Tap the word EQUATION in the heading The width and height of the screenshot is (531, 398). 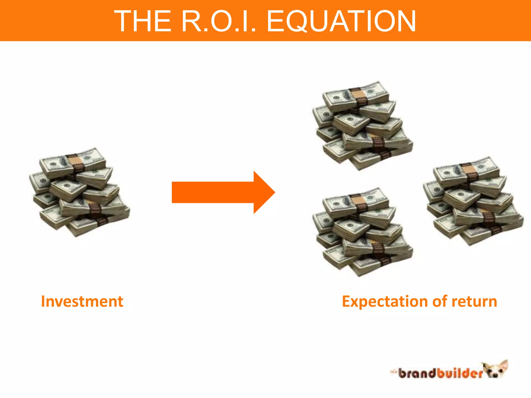point(341,21)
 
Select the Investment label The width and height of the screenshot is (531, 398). point(82,302)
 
